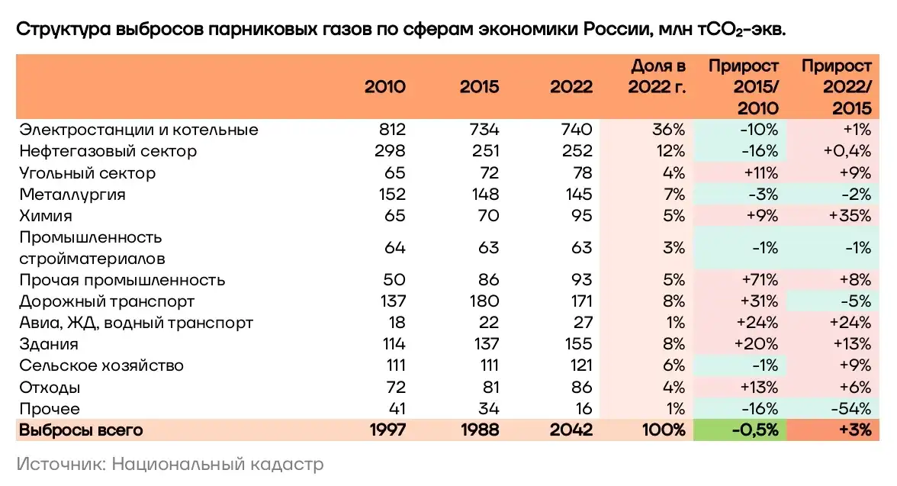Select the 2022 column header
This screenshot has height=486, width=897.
(571, 86)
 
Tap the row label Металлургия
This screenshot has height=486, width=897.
(72, 195)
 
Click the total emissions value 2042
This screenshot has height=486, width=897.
(571, 430)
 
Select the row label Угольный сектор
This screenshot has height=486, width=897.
(88, 173)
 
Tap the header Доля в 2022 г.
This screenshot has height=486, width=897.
(657, 76)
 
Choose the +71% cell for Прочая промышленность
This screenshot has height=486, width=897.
(758, 280)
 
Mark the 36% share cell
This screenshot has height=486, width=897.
(669, 130)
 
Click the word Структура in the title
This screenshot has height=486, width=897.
(63, 30)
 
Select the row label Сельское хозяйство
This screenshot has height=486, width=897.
(101, 366)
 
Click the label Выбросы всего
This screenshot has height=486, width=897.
(82, 430)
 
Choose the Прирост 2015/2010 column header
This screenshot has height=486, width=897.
(744, 86)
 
